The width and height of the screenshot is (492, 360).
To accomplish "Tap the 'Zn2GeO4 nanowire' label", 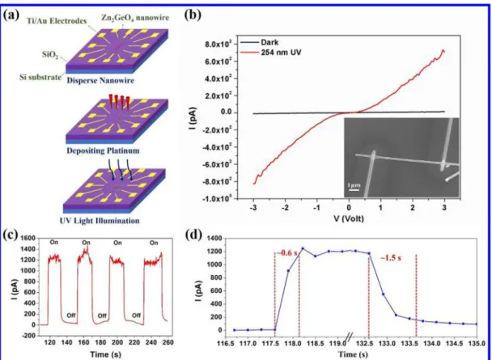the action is [x=134, y=18].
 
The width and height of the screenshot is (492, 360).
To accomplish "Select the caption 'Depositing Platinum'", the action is [x=103, y=150].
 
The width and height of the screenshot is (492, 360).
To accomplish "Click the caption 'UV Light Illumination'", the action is [x=100, y=221].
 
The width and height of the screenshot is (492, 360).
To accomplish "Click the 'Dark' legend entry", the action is [x=269, y=42].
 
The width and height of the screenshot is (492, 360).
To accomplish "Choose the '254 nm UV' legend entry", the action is [x=281, y=53].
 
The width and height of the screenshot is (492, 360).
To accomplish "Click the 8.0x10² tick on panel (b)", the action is [x=218, y=44].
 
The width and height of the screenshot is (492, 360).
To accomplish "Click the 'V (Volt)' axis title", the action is [x=348, y=218].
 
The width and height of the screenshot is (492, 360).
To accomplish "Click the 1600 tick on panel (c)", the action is [x=28, y=239].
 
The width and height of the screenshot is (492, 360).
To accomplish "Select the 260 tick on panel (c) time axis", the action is [x=168, y=342].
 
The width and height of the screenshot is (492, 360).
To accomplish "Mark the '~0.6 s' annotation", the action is [x=286, y=253].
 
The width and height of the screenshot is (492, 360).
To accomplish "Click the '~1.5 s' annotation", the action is [x=391, y=259].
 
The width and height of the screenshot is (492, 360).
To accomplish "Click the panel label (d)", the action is [x=191, y=235].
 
